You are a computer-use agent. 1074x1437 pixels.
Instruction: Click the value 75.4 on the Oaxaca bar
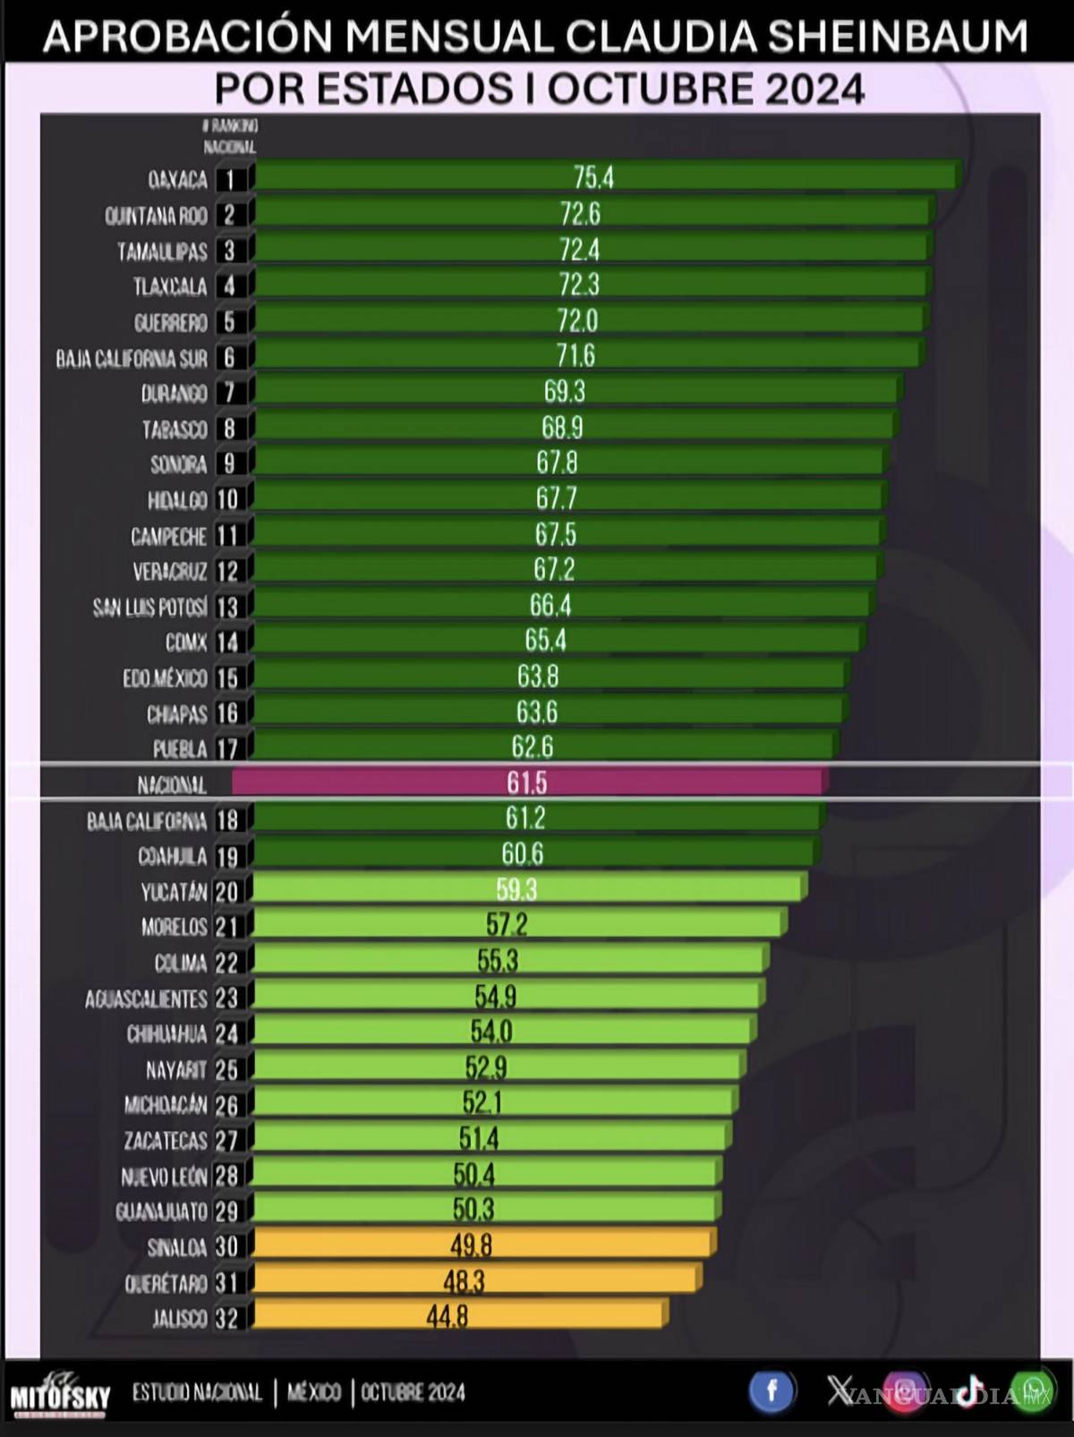593,177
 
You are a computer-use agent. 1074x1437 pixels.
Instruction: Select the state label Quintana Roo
156,216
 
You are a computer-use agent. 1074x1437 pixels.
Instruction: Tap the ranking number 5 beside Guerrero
229,321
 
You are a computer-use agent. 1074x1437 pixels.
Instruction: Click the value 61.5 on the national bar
526,783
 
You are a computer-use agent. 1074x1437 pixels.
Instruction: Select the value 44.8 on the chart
447,1316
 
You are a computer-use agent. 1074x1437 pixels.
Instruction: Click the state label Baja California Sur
132,358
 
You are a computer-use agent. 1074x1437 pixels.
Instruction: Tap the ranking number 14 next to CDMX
227,642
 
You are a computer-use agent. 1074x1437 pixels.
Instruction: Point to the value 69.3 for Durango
564,391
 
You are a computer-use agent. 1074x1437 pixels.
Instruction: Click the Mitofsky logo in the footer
60,1394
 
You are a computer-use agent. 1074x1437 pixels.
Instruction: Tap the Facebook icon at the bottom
771,1391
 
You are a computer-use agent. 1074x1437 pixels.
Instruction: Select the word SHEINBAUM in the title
898,37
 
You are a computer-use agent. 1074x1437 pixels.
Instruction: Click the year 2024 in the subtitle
814,89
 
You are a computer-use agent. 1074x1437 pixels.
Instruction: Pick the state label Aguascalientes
146,999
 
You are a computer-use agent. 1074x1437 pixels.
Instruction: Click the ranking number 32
226,1318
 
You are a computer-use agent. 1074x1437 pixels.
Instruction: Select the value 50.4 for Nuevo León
473,1173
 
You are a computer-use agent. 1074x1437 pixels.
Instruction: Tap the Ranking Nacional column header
231,136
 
